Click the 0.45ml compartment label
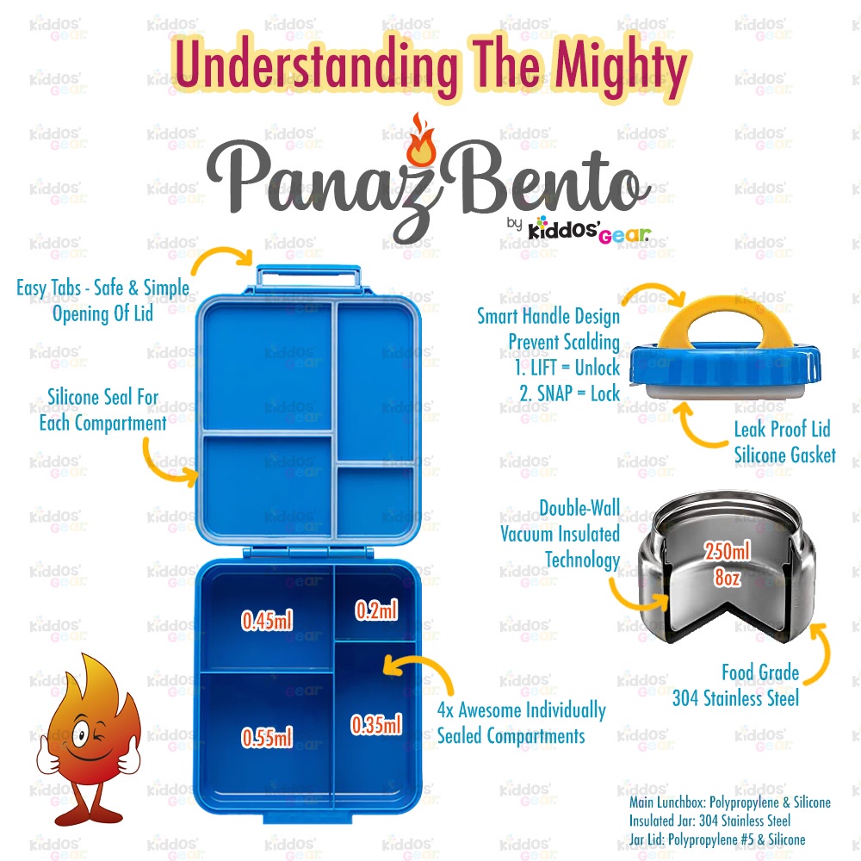pos(267,621)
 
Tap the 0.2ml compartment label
pos(376,610)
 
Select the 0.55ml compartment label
pos(267,737)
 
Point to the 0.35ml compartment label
pos(376,725)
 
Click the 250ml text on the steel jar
pos(728,551)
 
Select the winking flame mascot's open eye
pos(80,734)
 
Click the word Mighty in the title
pos(619,67)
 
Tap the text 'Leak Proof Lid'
pos(782,429)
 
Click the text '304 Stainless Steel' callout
pos(736,698)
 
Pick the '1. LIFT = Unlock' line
pos(567,368)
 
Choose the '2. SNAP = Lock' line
pos(569,393)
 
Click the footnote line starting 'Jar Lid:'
pos(717,839)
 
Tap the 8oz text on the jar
pos(728,577)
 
